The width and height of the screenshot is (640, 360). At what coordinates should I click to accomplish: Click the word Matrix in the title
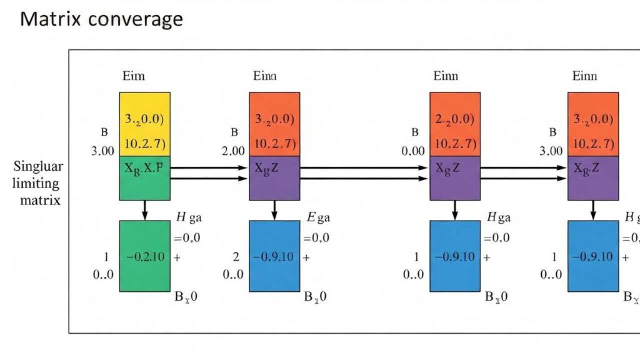tap(51, 19)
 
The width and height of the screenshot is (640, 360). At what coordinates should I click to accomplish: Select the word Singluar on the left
tap(36, 168)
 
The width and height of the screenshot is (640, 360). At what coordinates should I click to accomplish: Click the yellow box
tap(145, 124)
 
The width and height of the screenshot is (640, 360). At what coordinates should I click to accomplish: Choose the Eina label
tap(264, 76)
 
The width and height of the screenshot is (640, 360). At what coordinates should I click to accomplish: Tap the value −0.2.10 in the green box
tap(145, 256)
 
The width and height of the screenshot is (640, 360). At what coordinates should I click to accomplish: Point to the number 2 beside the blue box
tap(235, 256)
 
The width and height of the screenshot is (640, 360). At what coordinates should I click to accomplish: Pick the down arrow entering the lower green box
tap(145, 210)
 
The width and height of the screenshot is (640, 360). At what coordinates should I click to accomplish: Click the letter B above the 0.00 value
tap(414, 132)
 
